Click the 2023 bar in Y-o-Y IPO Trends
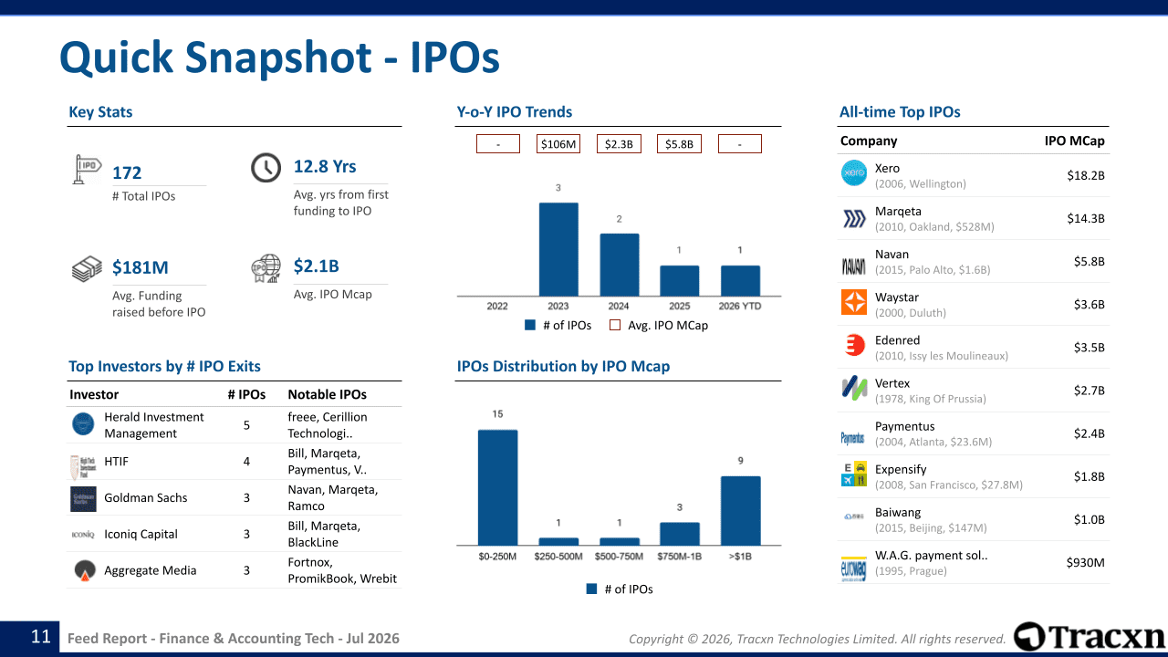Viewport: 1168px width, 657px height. click(x=558, y=249)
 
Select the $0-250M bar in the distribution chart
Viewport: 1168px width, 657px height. click(x=498, y=487)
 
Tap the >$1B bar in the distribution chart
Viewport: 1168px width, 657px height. click(x=740, y=510)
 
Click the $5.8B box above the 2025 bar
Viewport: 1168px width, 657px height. click(x=679, y=144)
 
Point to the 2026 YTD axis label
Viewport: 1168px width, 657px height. click(x=740, y=306)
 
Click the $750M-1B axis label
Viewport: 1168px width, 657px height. click(x=680, y=557)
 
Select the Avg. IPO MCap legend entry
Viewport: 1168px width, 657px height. click(x=659, y=326)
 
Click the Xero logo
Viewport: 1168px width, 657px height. click(x=854, y=173)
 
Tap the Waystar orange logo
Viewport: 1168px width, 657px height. click(x=854, y=302)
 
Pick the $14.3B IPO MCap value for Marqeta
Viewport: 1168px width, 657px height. click(x=1086, y=218)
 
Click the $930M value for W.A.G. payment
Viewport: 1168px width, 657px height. click(x=1085, y=563)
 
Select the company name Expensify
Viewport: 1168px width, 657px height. click(x=901, y=469)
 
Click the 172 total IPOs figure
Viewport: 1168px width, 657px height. click(x=127, y=173)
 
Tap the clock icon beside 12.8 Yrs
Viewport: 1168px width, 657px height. click(x=266, y=168)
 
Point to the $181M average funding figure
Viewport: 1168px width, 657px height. click(x=141, y=267)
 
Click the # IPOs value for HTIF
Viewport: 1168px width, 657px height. click(x=246, y=462)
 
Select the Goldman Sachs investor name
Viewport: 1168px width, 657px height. click(x=145, y=498)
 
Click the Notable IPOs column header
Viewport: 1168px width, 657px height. click(x=327, y=395)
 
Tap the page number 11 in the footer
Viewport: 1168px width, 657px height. click(x=41, y=637)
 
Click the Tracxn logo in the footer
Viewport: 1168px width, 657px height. click(x=1090, y=637)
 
